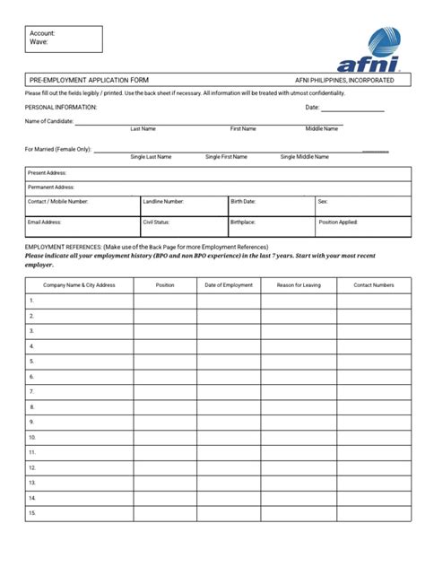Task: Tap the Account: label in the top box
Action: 42,33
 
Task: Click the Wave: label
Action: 39,42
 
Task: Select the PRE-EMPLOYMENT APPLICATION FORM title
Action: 82,80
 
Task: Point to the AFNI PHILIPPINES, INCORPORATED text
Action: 344,80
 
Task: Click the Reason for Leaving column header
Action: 299,285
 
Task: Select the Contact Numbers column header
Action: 373,285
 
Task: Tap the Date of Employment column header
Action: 229,285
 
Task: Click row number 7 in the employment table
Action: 31,392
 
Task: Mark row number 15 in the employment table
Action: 32,513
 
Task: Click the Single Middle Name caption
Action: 304,157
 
